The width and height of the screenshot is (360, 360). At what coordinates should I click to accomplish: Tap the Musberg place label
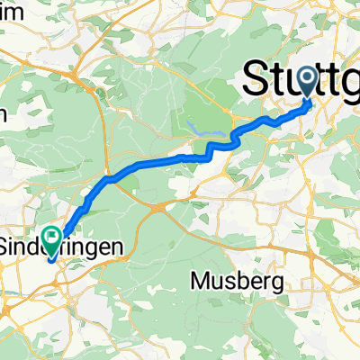pos(238,282)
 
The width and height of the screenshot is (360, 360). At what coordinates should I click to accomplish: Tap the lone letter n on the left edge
pos(4,113)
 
